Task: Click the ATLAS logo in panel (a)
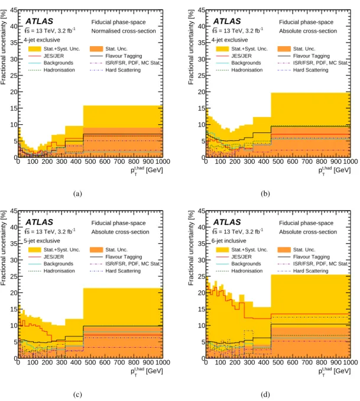click(x=39, y=21)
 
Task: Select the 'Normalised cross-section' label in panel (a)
click(x=124, y=31)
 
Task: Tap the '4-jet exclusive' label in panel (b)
click(x=229, y=40)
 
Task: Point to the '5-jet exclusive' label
click(x=42, y=241)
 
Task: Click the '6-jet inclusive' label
click(x=229, y=241)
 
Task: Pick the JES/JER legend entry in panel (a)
click(x=46, y=56)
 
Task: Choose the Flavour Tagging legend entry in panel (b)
click(x=303, y=56)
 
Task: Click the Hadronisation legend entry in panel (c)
click(x=51, y=271)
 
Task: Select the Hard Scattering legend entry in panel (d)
click(x=303, y=271)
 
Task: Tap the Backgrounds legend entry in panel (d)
click(x=238, y=264)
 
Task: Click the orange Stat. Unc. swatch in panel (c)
click(x=96, y=250)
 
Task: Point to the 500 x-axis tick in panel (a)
click(x=90, y=161)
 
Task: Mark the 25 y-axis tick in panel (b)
click(x=202, y=76)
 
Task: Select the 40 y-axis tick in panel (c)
click(x=14, y=227)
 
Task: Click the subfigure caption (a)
click(x=77, y=193)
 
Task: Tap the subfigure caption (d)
click(x=265, y=394)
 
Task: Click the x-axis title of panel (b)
click(x=334, y=170)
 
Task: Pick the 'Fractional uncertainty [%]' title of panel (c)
click(x=4, y=248)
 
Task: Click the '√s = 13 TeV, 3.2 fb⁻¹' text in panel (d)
click(x=238, y=231)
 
